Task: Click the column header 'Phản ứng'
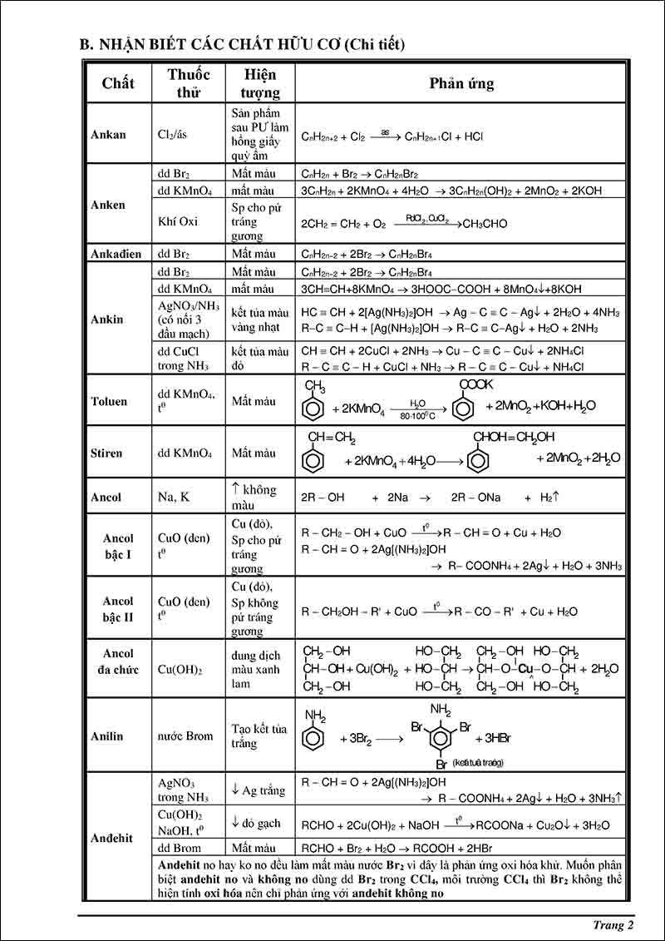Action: point(461,83)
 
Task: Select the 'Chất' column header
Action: point(118,83)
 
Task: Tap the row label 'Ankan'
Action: point(108,135)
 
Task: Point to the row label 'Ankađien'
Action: point(116,254)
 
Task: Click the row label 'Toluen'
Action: point(109,401)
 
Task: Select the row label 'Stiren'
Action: point(106,453)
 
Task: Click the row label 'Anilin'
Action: point(106,735)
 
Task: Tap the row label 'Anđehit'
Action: point(111,838)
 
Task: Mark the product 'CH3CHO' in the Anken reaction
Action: point(485,224)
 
